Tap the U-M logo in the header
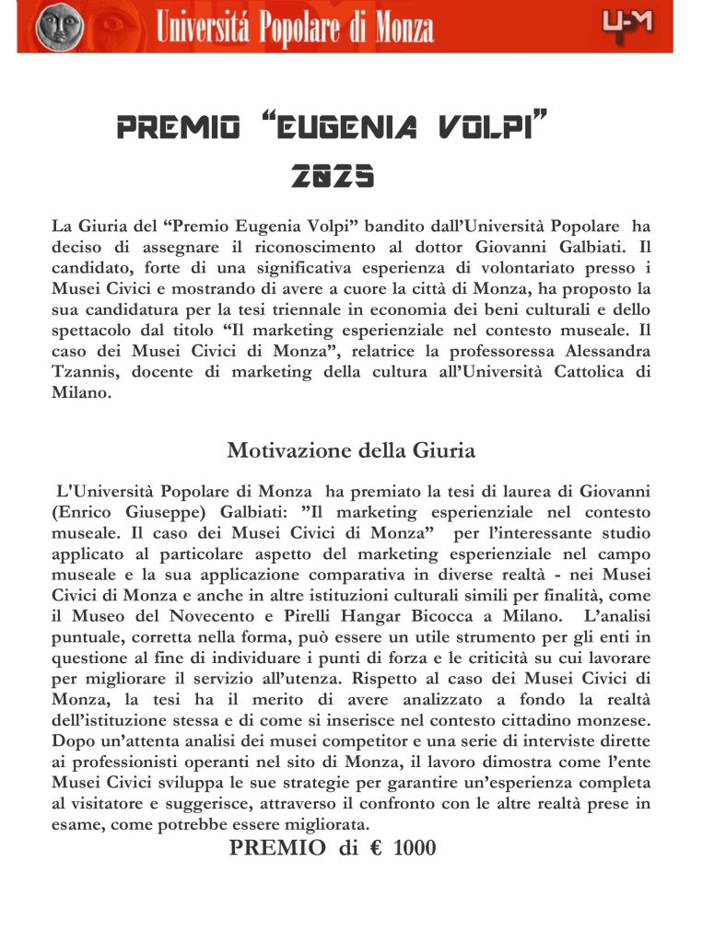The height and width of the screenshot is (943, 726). (627, 23)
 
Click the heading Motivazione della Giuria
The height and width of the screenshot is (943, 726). (350, 451)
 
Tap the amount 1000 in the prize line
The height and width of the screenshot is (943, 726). (415, 848)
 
